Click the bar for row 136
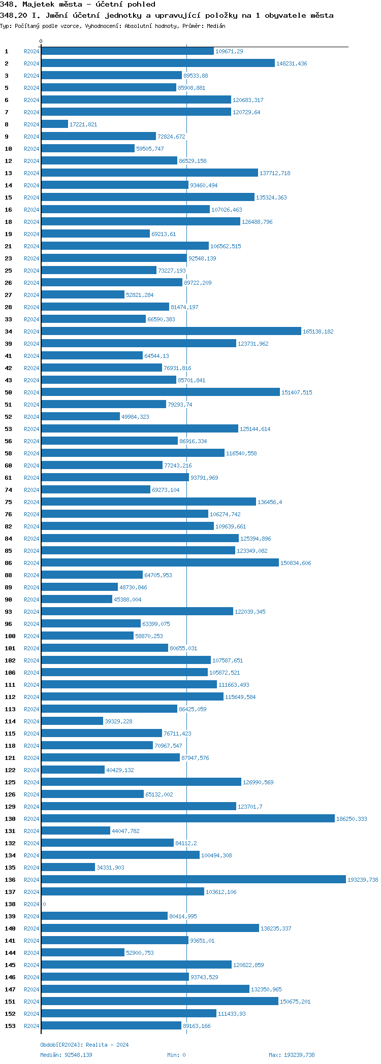coord(194,879)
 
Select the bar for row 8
coord(54,124)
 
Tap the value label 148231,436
coord(292,63)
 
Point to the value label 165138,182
coord(318,331)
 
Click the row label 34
coord(9,331)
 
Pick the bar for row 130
coord(188,818)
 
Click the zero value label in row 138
coord(44,904)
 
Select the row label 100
coord(10,636)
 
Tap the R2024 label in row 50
coord(31,392)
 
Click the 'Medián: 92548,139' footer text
coord(66,1055)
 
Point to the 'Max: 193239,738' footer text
coord(292,1055)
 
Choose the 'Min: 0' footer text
coord(176,1055)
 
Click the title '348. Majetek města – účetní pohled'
coord(78,4)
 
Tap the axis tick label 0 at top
coord(41,41)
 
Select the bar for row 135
coord(68,867)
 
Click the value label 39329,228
coord(118,721)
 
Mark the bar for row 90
coord(77,599)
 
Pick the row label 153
coord(10,1026)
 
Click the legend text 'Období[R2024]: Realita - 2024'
coord(84,1045)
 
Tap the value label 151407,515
coord(297,392)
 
